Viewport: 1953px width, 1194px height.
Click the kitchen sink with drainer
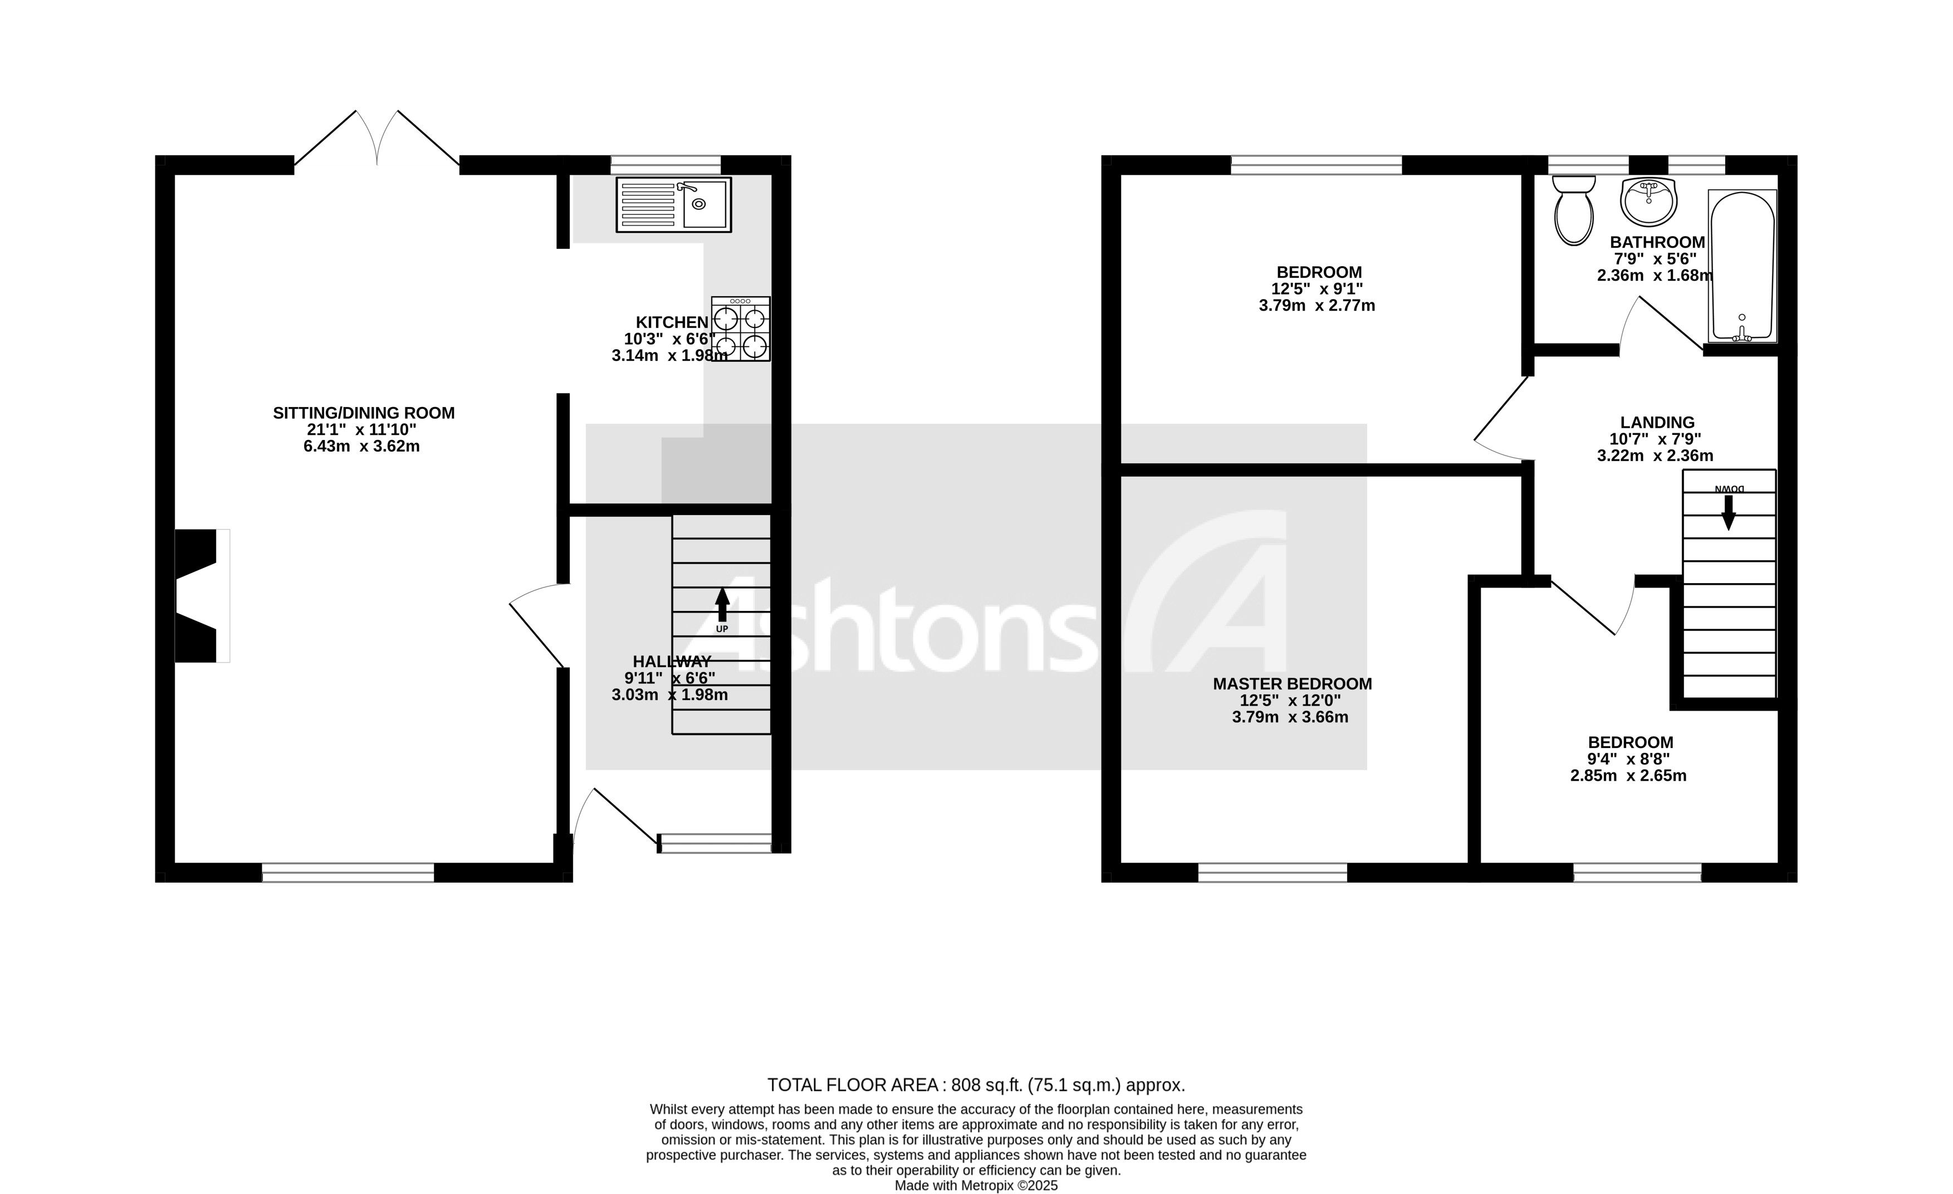click(x=674, y=204)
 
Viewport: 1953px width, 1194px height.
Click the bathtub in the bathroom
click(x=1742, y=266)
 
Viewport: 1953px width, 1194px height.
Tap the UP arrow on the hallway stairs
click(x=722, y=606)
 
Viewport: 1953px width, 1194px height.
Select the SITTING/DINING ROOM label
click(x=364, y=413)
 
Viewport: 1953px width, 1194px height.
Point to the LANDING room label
click(x=1657, y=423)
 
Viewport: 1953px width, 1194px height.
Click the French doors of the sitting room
click(x=376, y=139)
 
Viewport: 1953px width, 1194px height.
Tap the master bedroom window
click(x=1272, y=873)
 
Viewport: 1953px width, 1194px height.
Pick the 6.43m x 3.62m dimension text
click(x=361, y=447)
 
